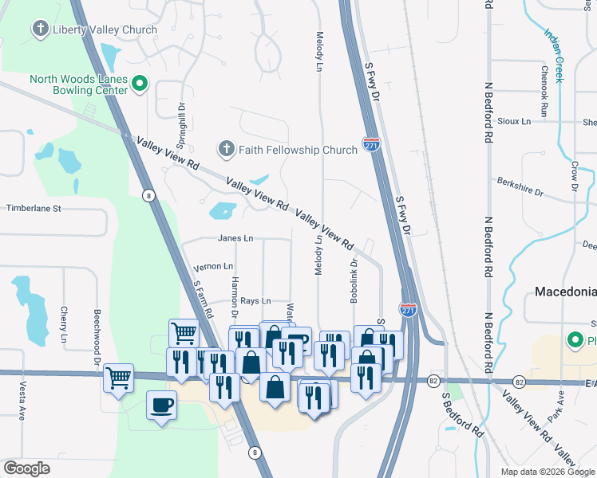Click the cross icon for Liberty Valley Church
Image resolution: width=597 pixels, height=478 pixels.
(40, 30)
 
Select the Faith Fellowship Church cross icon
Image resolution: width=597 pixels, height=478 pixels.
(227, 150)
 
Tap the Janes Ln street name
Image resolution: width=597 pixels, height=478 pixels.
(235, 238)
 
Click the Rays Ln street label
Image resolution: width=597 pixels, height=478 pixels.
(255, 301)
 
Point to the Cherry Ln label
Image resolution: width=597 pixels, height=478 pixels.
(63, 324)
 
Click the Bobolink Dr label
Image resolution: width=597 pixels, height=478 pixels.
(353, 278)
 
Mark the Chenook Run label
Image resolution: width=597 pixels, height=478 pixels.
(544, 92)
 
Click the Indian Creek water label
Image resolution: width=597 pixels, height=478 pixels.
(555, 56)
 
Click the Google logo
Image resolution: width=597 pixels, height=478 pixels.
(26, 468)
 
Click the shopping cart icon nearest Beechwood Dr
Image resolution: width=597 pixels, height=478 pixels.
(118, 377)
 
